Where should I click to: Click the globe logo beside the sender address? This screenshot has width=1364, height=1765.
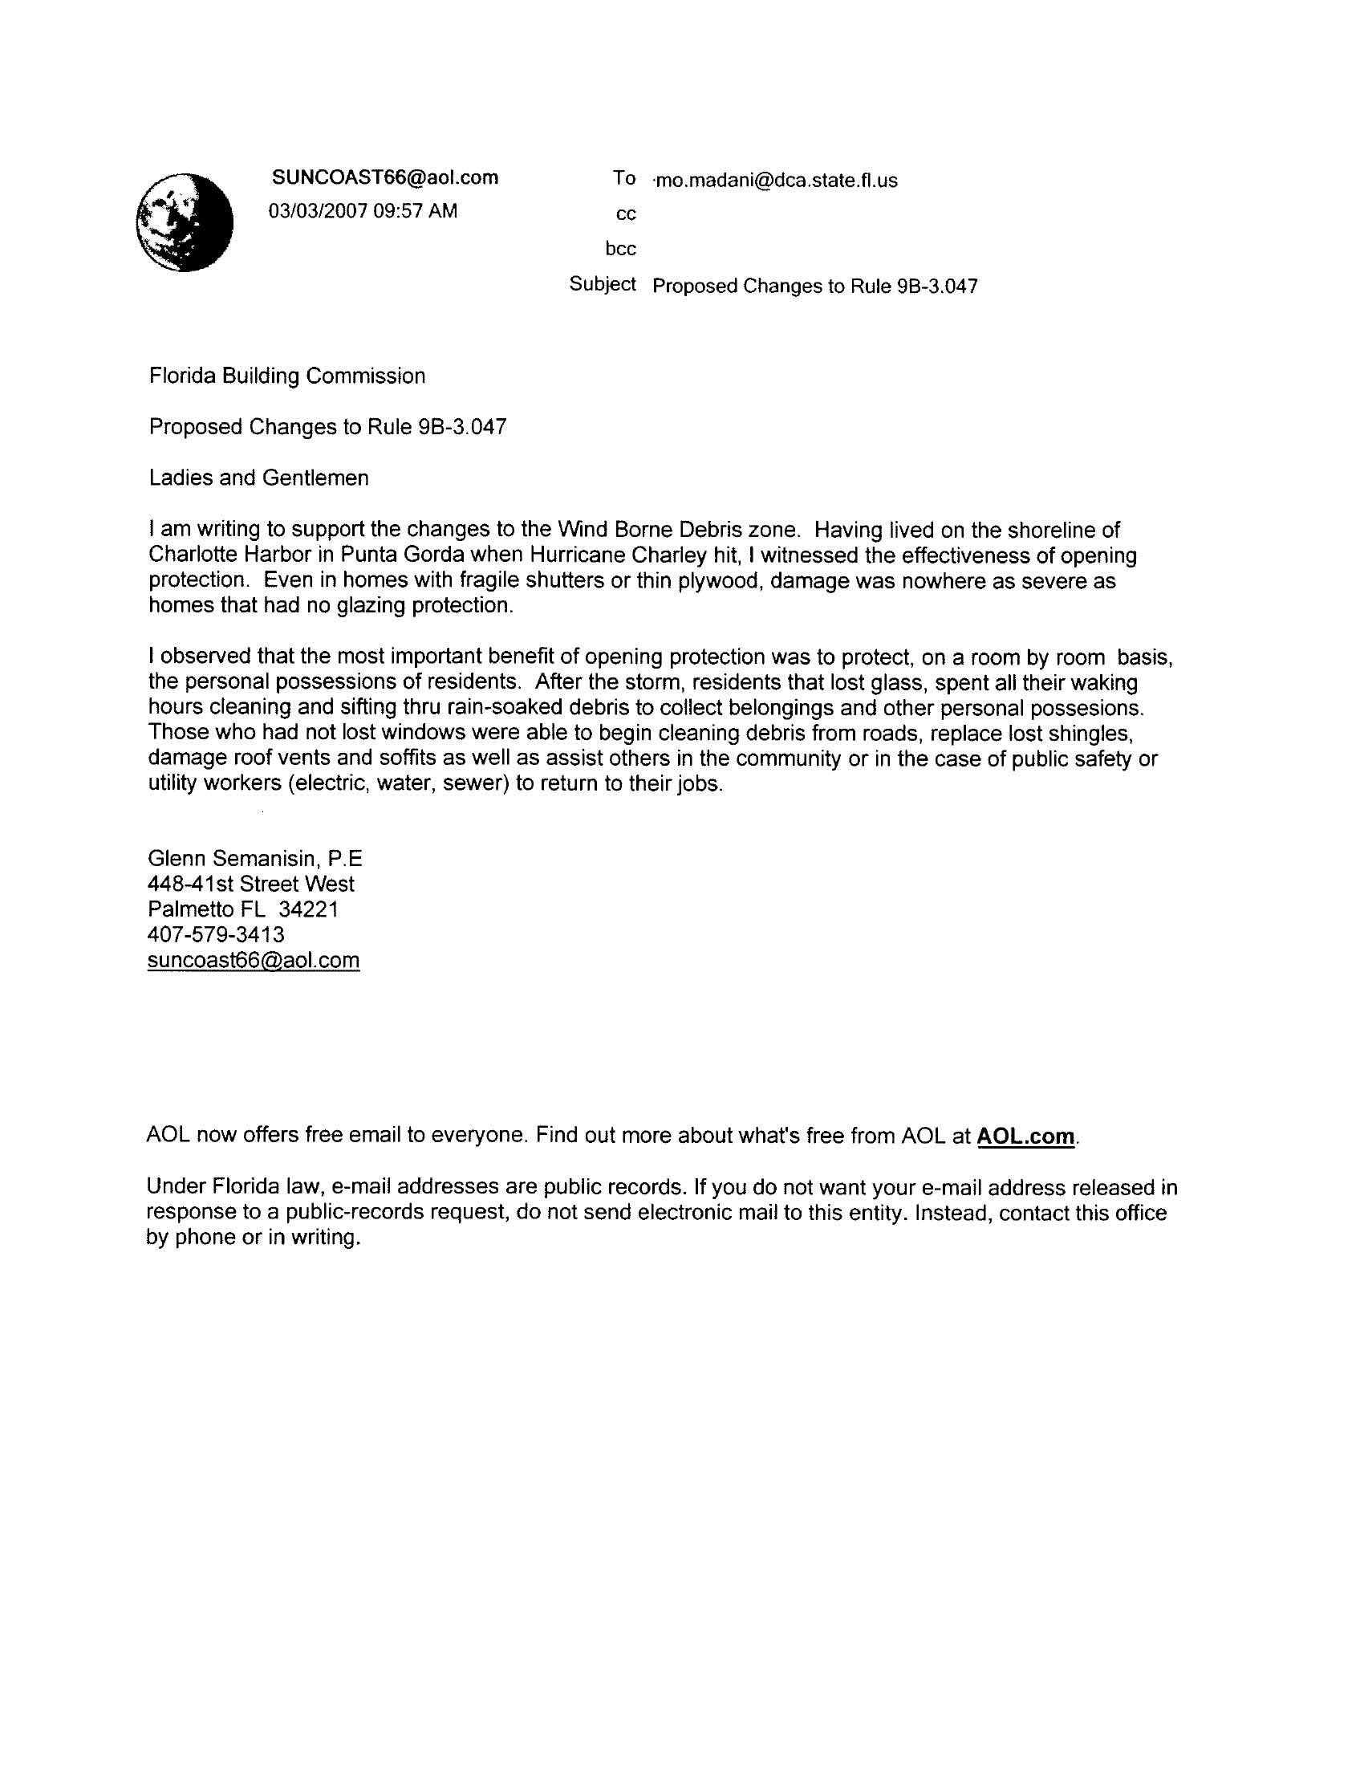[185, 222]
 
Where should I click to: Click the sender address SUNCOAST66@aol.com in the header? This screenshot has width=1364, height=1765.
[384, 178]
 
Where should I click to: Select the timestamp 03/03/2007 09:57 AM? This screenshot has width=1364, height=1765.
[363, 211]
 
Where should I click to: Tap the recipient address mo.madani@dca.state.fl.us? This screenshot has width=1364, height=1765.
[776, 181]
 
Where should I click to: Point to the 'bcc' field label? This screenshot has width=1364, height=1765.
[620, 249]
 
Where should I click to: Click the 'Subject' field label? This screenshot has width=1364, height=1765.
[602, 283]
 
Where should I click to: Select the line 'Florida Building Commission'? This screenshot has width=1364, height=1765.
[287, 376]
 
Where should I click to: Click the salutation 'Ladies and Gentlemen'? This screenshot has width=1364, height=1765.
[258, 478]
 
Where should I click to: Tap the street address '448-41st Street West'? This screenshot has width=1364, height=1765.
[250, 885]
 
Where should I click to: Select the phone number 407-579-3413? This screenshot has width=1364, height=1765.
[216, 935]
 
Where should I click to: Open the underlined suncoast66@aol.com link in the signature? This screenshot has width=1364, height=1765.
[253, 960]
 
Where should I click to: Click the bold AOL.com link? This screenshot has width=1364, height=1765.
[1025, 1137]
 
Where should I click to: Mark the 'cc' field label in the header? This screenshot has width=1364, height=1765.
[627, 214]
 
